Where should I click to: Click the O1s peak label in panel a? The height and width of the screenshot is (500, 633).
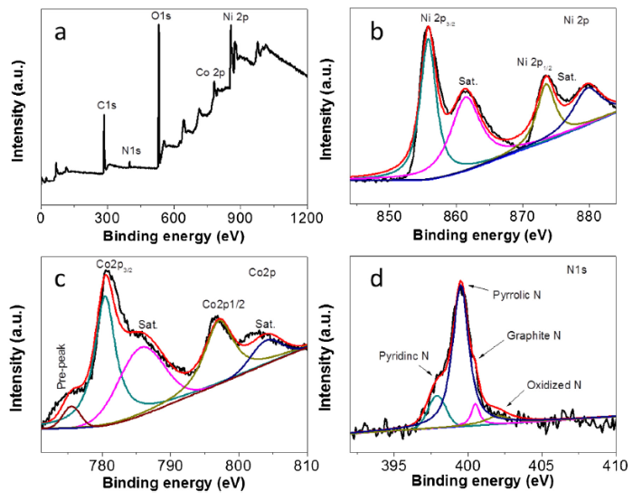pyautogui.click(x=160, y=16)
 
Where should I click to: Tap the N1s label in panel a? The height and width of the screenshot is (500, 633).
pyautogui.click(x=132, y=151)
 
